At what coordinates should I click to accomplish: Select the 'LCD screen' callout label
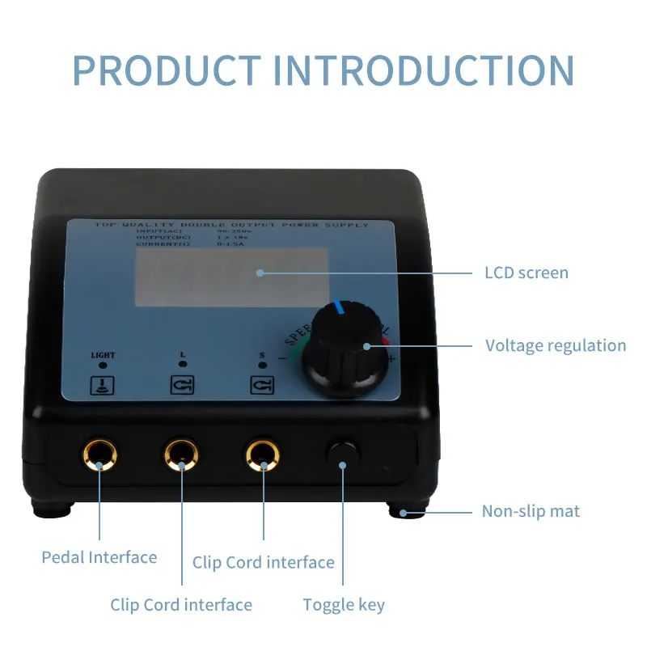[x=526, y=273]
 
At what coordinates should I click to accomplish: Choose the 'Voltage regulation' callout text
[x=556, y=345]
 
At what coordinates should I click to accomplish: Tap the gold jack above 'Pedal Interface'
[x=99, y=455]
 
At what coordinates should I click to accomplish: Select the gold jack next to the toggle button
[x=264, y=455]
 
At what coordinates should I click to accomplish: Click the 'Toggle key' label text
[x=344, y=604]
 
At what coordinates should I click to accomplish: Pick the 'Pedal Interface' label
[x=99, y=556]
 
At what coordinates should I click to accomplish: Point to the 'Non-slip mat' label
[x=531, y=511]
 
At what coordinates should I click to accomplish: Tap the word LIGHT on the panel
[x=103, y=354]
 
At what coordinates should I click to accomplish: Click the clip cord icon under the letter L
[x=181, y=384]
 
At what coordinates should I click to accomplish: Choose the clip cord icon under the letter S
[x=261, y=384]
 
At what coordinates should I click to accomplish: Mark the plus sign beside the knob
[x=391, y=358]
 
